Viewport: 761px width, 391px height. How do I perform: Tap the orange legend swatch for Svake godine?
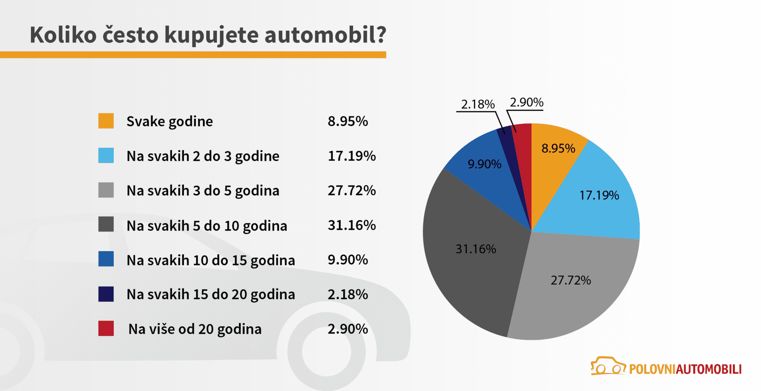(x=106, y=121)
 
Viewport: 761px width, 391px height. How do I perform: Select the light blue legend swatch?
(x=106, y=156)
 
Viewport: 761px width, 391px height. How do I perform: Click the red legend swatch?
(x=106, y=328)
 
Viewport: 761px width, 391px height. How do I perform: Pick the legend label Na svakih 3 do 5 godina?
(x=203, y=191)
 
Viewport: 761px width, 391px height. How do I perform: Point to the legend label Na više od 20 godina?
(x=195, y=329)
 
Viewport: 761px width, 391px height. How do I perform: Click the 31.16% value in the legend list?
(x=352, y=225)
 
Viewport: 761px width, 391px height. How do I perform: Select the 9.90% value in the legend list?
(x=348, y=259)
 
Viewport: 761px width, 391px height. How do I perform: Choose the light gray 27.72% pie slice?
(x=571, y=285)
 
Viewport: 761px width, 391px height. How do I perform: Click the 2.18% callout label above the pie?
(x=478, y=104)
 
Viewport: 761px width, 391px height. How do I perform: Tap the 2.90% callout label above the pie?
(x=526, y=102)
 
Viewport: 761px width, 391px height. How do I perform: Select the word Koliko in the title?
(x=63, y=35)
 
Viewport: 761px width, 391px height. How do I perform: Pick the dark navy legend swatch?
(x=106, y=294)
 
